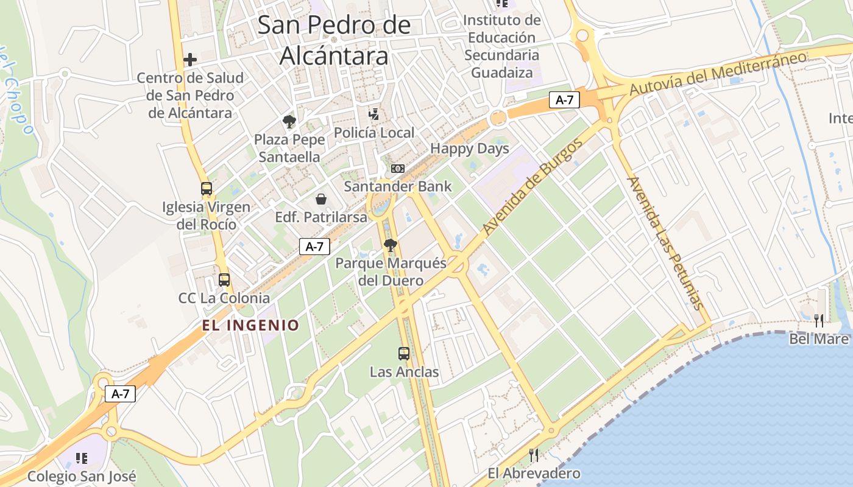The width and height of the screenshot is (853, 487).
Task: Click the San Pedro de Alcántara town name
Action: point(334,40)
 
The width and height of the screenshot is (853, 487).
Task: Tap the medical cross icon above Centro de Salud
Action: point(190,60)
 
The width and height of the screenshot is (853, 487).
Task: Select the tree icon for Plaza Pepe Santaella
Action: point(289,121)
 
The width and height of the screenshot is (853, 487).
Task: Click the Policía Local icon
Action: point(374,114)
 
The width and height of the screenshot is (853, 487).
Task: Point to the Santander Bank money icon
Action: point(398,168)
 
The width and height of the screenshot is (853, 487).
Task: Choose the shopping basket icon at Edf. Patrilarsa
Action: point(321,199)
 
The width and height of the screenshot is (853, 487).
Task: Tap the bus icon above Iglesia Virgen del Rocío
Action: point(207,189)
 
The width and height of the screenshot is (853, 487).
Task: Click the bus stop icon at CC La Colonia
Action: point(224,280)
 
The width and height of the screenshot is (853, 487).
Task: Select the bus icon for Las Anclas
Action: point(404,353)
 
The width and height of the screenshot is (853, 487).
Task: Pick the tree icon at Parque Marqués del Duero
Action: point(391,245)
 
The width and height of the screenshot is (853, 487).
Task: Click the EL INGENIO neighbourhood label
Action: point(251,325)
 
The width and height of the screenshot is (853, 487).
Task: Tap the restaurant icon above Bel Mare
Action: point(819,320)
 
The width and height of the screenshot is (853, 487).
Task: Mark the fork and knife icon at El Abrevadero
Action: point(534,455)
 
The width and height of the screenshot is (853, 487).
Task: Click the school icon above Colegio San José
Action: point(82,458)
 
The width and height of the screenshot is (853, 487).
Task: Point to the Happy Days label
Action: point(469,149)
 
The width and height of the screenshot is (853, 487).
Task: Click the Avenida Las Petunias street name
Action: point(664,243)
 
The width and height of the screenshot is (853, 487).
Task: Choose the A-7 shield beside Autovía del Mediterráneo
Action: point(564,100)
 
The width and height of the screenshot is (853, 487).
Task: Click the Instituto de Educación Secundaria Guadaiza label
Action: point(501,46)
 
